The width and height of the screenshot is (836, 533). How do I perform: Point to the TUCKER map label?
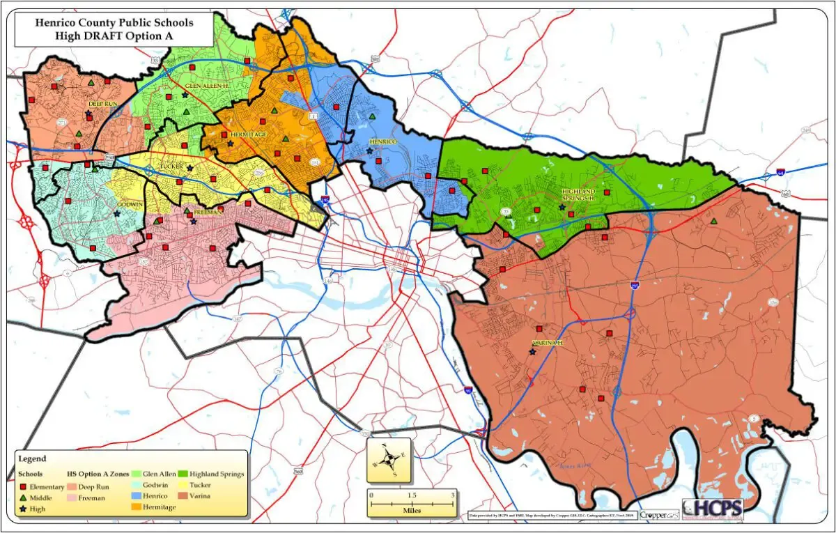[171, 167]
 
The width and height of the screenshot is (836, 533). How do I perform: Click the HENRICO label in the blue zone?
[382, 142]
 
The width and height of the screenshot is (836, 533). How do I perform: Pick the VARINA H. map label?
[548, 343]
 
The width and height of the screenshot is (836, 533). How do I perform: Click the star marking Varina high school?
[533, 353]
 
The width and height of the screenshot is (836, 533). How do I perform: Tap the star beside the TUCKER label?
[189, 168]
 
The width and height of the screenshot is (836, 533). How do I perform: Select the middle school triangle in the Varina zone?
[713, 221]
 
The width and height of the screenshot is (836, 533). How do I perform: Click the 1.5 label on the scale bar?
[412, 495]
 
